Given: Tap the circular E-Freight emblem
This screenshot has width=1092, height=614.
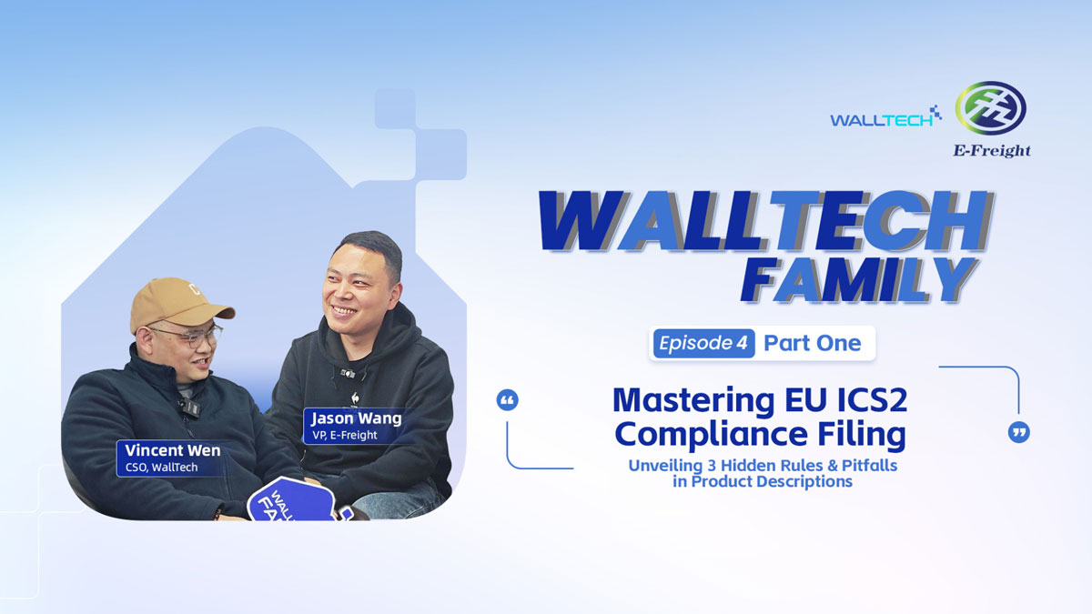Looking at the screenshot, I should point(990,108).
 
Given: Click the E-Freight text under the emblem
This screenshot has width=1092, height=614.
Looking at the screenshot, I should point(991,150).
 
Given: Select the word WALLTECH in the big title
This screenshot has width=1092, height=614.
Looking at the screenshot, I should point(764,222).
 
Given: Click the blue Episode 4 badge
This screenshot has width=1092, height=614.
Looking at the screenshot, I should point(703,343).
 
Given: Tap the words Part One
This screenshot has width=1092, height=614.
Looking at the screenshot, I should point(812,343).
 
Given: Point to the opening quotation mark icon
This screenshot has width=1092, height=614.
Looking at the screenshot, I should point(508,400).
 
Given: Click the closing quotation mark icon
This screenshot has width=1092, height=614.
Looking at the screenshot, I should point(1019,432).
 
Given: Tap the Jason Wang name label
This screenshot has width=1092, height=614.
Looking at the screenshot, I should point(356,419).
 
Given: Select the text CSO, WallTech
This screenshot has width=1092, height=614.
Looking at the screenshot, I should point(161,468).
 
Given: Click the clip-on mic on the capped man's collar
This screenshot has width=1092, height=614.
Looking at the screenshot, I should point(189,407).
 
